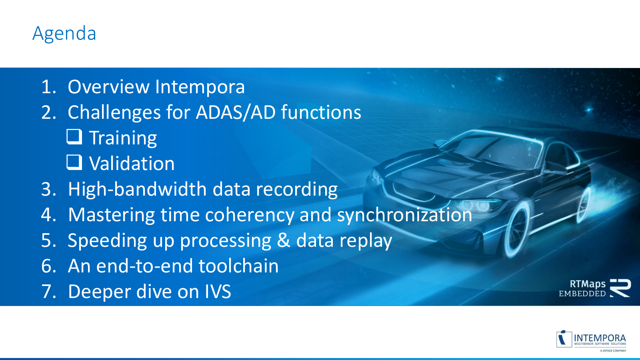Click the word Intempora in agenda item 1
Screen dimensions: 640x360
point(200,87)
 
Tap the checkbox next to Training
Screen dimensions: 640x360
point(74,136)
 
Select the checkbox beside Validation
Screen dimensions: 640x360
point(74,162)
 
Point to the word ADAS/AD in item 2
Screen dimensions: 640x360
point(236,112)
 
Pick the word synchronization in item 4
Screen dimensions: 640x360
point(404,215)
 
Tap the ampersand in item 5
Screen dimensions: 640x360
point(284,240)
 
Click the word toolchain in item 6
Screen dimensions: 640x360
point(238,266)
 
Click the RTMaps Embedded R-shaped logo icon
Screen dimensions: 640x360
point(620,288)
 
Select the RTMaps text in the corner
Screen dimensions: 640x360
point(588,284)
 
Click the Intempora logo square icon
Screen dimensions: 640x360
point(564,339)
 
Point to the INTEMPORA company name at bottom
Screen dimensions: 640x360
point(600,338)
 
